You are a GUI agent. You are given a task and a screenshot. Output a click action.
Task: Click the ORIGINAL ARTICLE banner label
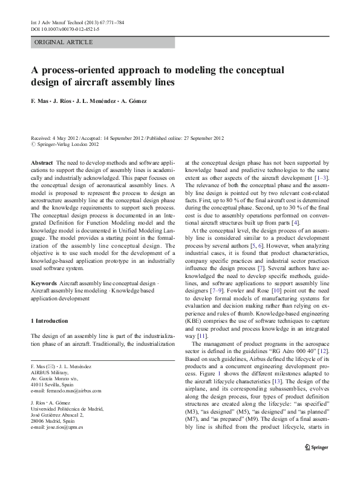point(64,42)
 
